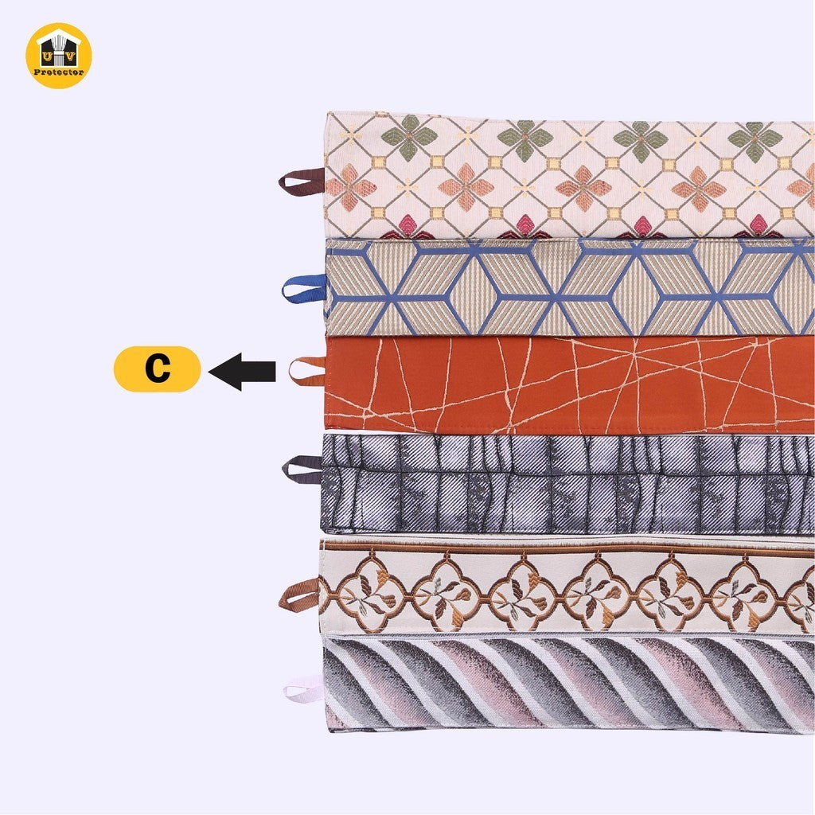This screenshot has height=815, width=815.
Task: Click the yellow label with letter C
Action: tap(157, 369)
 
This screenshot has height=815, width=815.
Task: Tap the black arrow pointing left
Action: tap(242, 371)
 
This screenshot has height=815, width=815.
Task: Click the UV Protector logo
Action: tap(59, 56)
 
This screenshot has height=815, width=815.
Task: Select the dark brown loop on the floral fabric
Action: tap(302, 181)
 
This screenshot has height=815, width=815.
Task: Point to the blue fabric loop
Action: tap(303, 288)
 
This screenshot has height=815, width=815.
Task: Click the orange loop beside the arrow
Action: tap(306, 371)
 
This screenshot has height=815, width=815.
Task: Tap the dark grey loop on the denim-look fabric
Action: tap(302, 470)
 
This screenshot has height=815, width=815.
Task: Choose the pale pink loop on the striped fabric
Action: tap(303, 689)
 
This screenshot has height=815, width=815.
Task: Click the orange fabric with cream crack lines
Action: tap(569, 385)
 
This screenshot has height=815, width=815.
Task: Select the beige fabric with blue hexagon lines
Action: tap(569, 287)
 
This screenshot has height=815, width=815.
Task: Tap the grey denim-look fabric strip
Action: tap(568, 484)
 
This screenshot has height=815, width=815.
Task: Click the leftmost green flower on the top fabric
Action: tap(409, 137)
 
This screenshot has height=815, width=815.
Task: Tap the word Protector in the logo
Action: tap(59, 72)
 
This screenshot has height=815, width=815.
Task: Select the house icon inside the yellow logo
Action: tap(59, 48)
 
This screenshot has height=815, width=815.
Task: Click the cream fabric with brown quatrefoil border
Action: tap(567, 587)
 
